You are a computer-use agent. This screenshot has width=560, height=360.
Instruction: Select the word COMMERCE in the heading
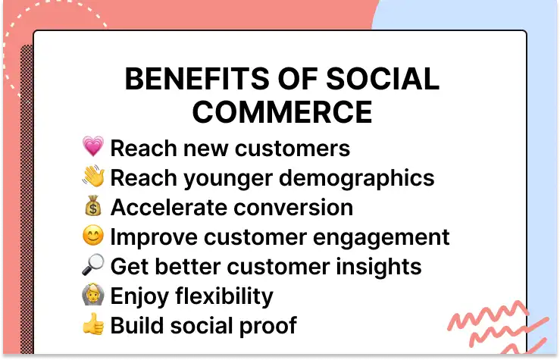coord(282,112)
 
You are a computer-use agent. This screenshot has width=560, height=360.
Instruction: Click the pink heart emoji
coord(92,147)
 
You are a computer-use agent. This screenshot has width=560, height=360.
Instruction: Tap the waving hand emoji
coord(92,177)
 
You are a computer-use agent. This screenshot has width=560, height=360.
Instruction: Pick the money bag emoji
coord(92,207)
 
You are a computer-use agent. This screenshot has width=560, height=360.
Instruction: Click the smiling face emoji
coord(92,236)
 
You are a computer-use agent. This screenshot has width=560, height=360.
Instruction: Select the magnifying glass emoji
coord(92,266)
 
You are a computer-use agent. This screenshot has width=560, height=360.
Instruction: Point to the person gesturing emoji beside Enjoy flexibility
coord(92,296)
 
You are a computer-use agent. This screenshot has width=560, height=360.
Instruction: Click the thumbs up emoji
coord(92,325)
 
